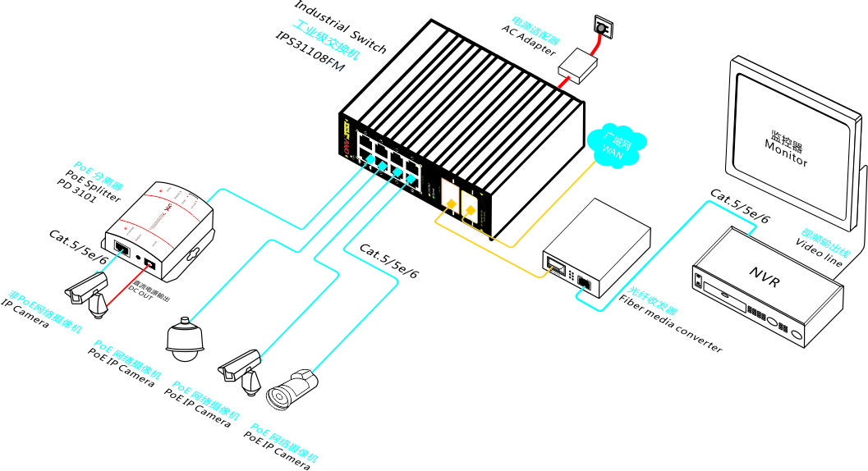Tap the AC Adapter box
pos(577,63)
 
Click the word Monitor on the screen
pos(786,153)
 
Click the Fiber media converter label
pos(670,321)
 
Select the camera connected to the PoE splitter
pos(87,291)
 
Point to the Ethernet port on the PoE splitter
pos(120,245)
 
